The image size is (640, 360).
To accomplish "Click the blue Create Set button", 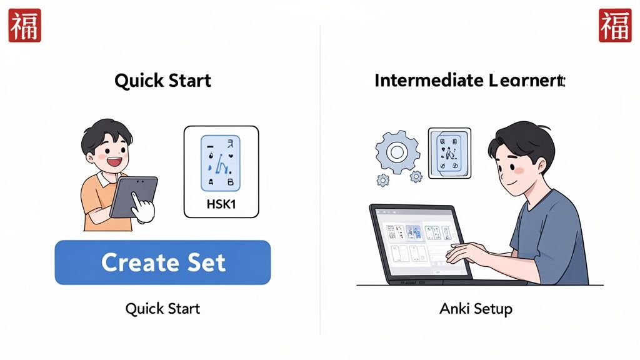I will (162, 262).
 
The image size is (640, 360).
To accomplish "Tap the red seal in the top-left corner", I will (24, 26).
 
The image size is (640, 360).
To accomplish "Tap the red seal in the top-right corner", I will (615, 26).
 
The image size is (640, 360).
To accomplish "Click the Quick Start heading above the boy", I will (162, 81).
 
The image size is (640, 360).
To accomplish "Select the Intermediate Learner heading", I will (469, 81).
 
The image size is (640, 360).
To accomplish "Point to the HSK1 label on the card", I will (221, 204).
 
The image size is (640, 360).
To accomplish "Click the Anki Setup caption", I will (476, 309).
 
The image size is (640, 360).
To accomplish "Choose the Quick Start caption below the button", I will (162, 309).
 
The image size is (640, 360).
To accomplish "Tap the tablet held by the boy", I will (132, 196).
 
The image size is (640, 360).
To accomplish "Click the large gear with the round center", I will (396, 152).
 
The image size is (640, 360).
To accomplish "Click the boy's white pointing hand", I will (143, 208).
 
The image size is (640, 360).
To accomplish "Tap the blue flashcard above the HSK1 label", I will (220, 163).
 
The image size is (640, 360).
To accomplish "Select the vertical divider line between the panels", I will (320, 187).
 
